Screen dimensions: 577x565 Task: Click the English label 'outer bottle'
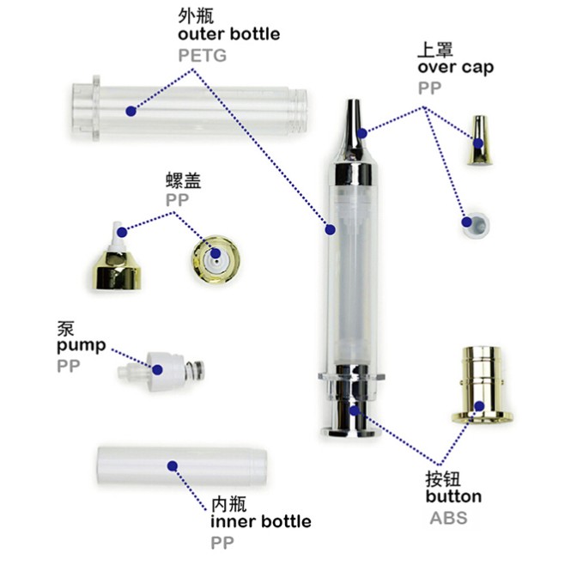point(229,34)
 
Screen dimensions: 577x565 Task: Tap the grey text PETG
point(202,56)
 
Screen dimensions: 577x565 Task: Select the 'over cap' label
point(456,67)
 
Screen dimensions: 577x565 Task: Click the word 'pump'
point(82,346)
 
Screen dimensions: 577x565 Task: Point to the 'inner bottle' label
point(261,521)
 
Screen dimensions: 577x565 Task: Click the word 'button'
point(453,496)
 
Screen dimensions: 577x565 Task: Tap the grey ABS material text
point(448,518)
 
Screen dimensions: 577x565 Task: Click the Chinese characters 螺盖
point(183,180)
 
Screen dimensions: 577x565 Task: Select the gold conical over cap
point(479,140)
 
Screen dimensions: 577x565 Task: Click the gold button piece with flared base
point(482,385)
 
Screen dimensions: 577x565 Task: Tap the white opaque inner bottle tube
point(182,465)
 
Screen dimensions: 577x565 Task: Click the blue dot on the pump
point(157,369)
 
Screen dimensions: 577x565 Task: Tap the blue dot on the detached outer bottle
point(131,111)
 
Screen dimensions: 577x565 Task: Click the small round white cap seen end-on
point(476,223)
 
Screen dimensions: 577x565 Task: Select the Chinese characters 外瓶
point(196,16)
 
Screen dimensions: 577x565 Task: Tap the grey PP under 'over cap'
point(429,88)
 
